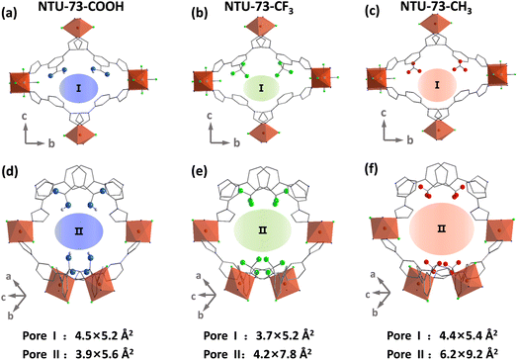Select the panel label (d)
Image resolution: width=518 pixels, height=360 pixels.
pyautogui.click(x=14, y=183)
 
